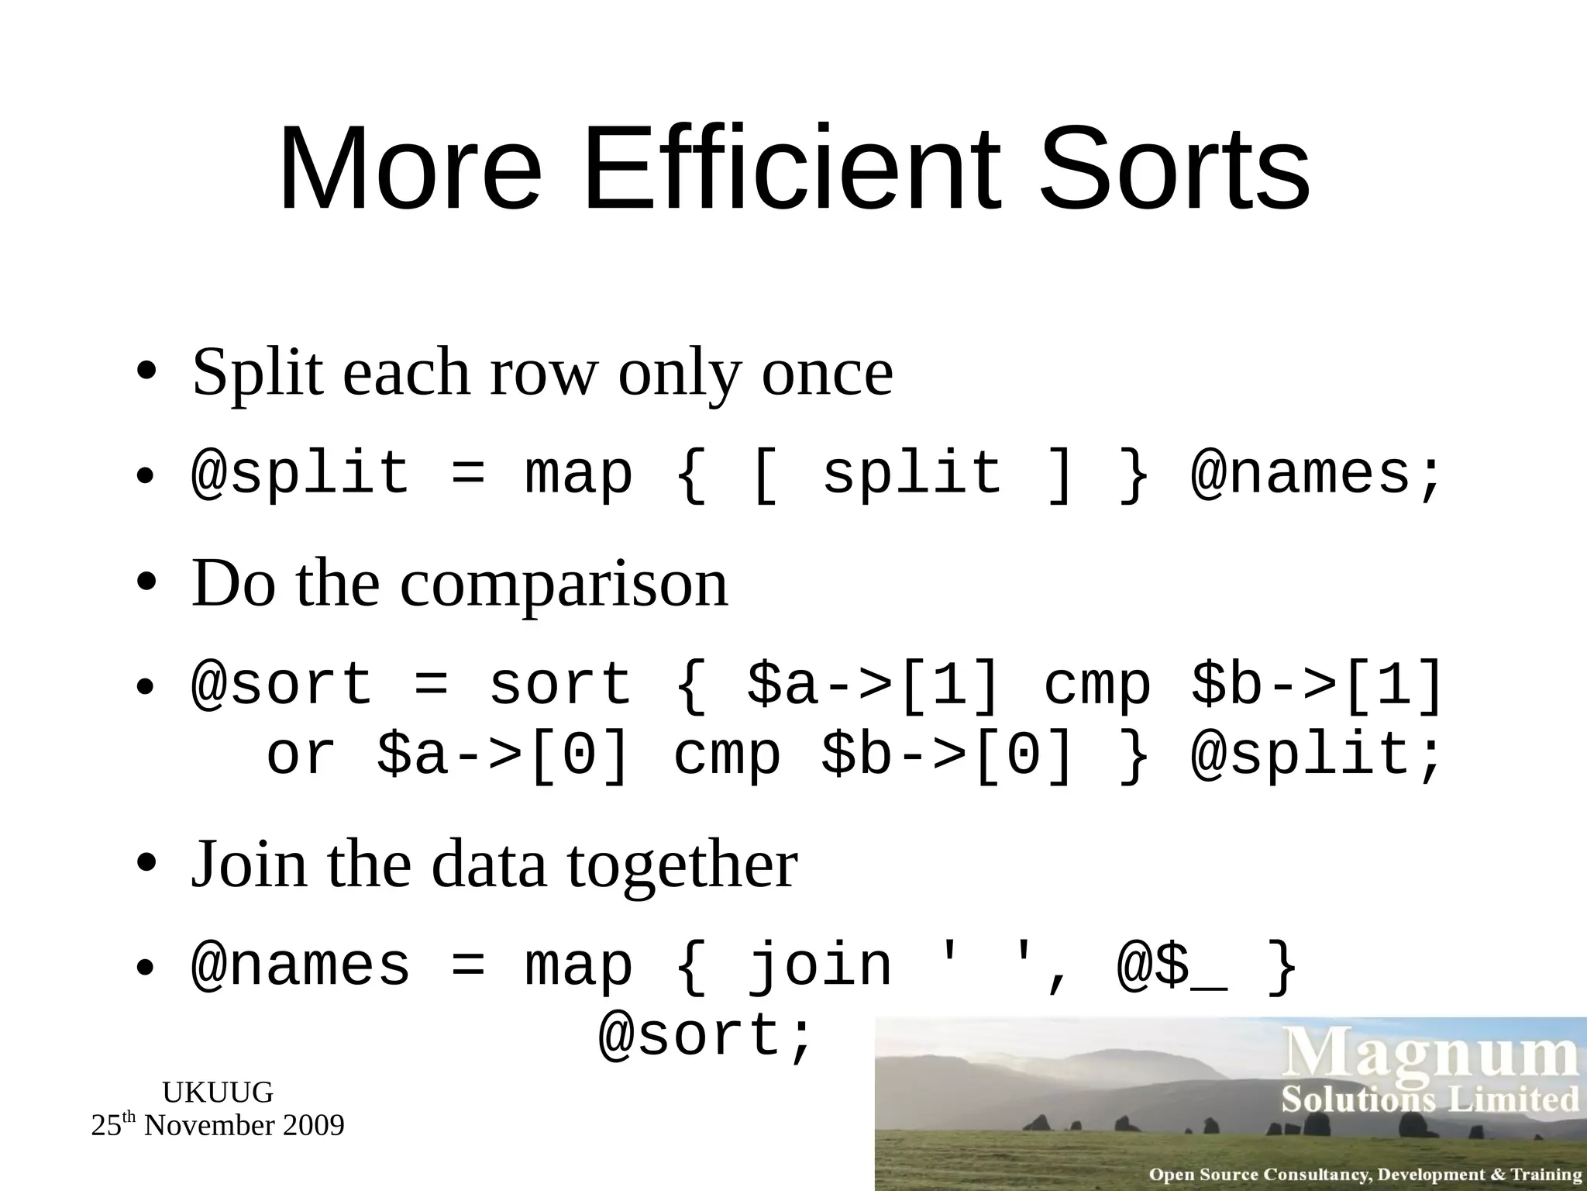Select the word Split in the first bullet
click(x=256, y=373)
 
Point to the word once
click(x=827, y=373)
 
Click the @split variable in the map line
click(x=300, y=474)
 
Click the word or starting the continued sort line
click(x=301, y=754)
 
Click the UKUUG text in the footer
click(x=218, y=1093)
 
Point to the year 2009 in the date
click(x=313, y=1126)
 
